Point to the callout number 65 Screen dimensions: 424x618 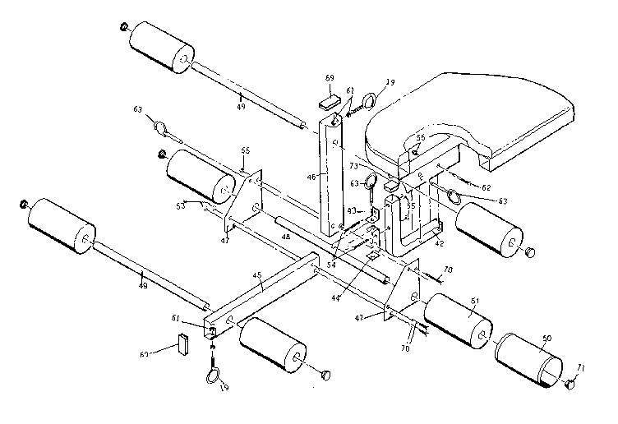coord(244,150)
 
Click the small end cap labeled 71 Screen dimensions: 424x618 coord(570,383)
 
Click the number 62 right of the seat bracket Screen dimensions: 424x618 coord(486,187)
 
